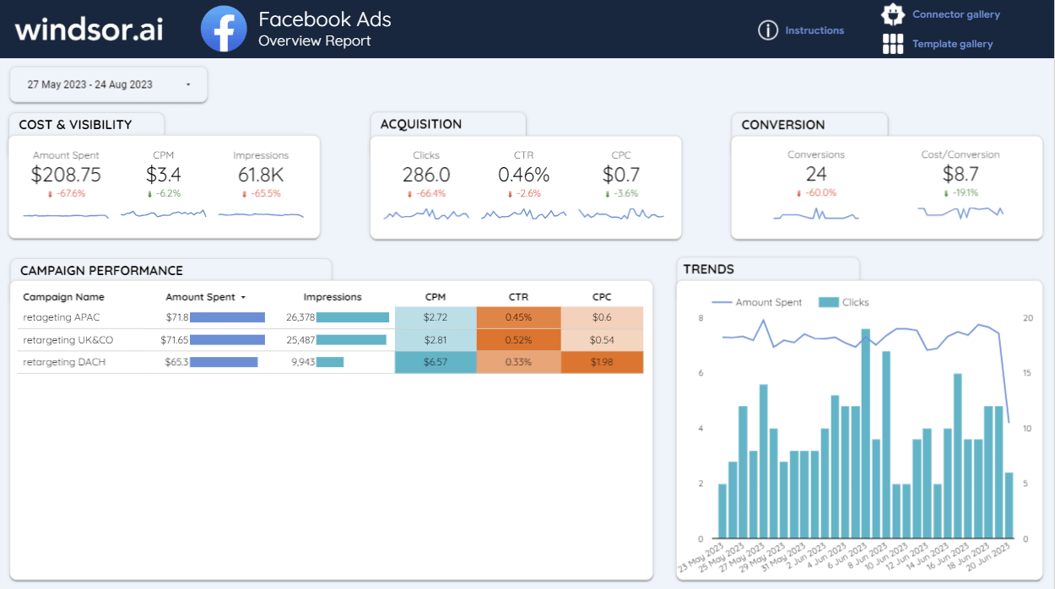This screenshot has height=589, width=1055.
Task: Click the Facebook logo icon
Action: point(224,29)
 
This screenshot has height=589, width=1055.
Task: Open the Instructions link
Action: point(814,30)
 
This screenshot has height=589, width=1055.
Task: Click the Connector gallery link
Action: point(955,14)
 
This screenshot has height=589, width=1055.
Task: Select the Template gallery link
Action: point(952,44)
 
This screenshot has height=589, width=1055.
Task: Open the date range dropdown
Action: point(108,84)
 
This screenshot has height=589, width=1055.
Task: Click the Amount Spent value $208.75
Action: point(66,175)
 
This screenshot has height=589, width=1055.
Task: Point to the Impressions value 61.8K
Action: point(261,175)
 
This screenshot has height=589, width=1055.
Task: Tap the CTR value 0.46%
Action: point(523,175)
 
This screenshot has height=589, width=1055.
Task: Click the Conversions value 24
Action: point(816,174)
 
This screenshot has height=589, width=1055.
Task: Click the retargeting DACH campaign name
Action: point(64,362)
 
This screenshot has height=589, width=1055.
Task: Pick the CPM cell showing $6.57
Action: point(436,362)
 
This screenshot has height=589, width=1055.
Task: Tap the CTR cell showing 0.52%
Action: point(518,340)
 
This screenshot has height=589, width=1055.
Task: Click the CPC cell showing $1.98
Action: point(602,362)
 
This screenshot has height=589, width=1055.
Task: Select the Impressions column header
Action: point(333,297)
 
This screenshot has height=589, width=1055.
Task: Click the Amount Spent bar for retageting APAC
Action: point(227,317)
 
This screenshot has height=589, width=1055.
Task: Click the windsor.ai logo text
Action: point(89,29)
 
